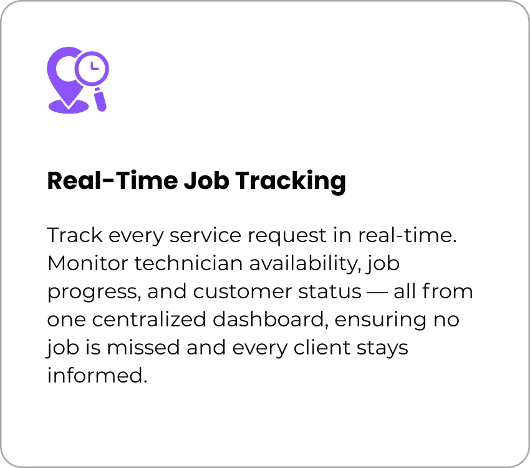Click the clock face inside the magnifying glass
(x=92, y=67)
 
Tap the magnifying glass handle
(x=100, y=99)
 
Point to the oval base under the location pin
(x=69, y=106)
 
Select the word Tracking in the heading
(x=291, y=182)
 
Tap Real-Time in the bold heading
(x=112, y=180)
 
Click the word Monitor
(x=88, y=263)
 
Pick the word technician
(x=188, y=263)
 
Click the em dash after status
(x=377, y=293)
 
